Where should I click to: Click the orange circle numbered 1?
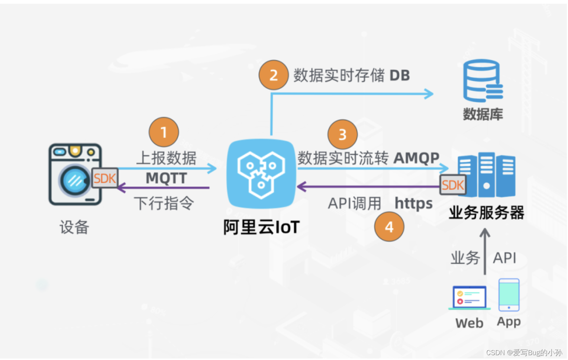point(164,132)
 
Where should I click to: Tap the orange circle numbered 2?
point(274,75)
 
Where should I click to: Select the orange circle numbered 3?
point(342,134)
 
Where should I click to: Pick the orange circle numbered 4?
point(389,227)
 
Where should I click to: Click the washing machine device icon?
point(74,174)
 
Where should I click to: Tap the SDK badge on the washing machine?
point(105,179)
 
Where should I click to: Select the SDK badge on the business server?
point(453,185)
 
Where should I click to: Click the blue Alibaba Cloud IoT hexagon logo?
point(261,174)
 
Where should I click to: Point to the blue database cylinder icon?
point(483,81)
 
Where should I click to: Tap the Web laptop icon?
point(469,298)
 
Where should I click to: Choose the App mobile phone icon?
point(509,295)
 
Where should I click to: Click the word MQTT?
point(166,178)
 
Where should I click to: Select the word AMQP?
point(416,158)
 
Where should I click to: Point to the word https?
point(413,203)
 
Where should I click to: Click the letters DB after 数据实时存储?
point(400,75)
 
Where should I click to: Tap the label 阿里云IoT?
point(261,227)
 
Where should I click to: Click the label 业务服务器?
point(486,213)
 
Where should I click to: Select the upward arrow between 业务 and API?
point(485,251)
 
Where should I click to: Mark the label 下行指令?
point(164,203)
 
